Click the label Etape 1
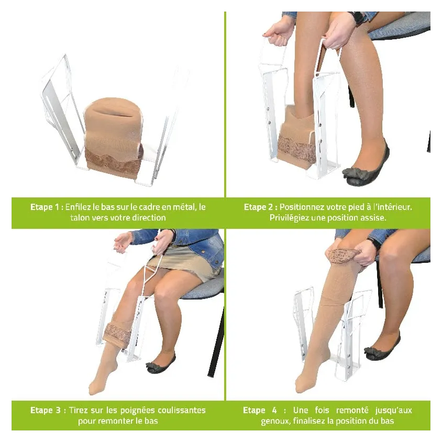[45, 207]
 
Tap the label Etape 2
[259, 207]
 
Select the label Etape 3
[46, 410]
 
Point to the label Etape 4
[260, 410]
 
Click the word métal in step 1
[185, 207]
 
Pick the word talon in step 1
[80, 218]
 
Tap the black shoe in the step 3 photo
[160, 364]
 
